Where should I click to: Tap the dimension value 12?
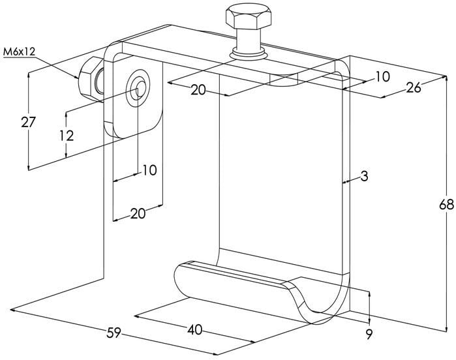click(x=65, y=135)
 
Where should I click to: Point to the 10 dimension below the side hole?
click(x=149, y=170)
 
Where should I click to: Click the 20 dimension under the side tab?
click(x=138, y=213)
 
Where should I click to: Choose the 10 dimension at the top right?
click(x=382, y=76)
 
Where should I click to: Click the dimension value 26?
click(x=413, y=87)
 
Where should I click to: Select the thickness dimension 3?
click(x=365, y=177)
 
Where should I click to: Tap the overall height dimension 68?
click(x=446, y=205)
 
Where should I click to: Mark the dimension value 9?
click(x=369, y=335)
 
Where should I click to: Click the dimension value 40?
click(x=194, y=330)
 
